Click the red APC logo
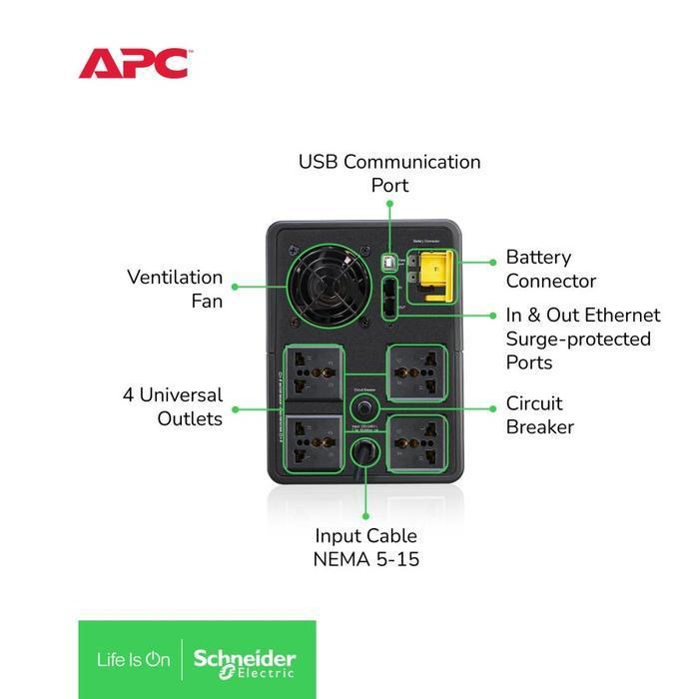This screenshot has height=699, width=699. (x=133, y=63)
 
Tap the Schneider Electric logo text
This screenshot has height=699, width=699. (x=245, y=659)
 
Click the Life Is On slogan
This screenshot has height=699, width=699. (x=133, y=659)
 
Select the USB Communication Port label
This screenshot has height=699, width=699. (x=389, y=173)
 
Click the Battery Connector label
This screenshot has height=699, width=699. (x=550, y=269)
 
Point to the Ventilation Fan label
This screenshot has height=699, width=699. (x=175, y=288)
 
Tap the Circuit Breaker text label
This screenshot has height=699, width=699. (x=539, y=414)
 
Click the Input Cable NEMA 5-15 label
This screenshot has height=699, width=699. (x=365, y=547)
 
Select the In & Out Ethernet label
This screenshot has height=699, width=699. (x=582, y=339)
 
